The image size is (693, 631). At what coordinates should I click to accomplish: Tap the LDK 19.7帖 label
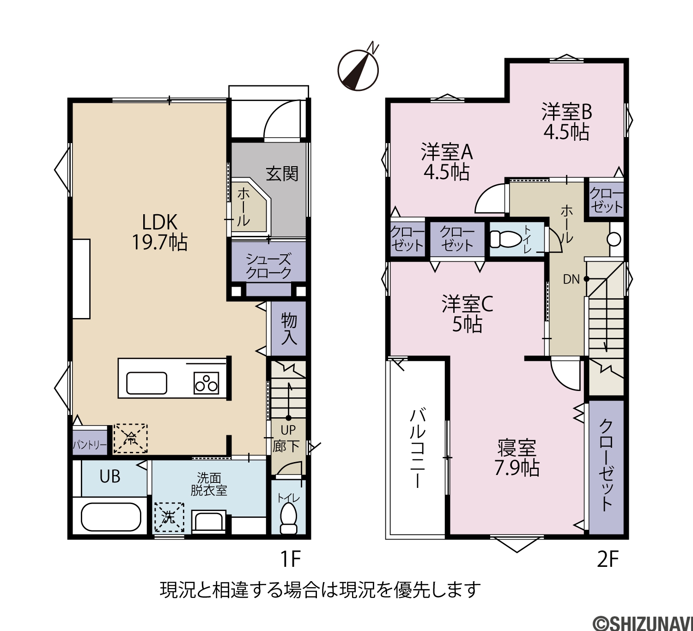pyautogui.click(x=159, y=232)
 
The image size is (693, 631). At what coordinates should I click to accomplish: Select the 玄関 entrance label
pyautogui.click(x=282, y=174)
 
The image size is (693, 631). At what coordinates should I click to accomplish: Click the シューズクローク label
pyautogui.click(x=268, y=266)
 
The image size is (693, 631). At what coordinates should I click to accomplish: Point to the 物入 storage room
pyautogui.click(x=289, y=328)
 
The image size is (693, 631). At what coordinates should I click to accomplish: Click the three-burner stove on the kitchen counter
pyautogui.click(x=206, y=383)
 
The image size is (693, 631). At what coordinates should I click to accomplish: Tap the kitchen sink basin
pyautogui.click(x=147, y=383)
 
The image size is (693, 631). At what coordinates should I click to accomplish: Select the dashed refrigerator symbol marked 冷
pyautogui.click(x=131, y=438)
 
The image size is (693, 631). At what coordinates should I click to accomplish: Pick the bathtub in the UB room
pyautogui.click(x=111, y=517)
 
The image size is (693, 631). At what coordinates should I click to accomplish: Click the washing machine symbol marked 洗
pyautogui.click(x=169, y=517)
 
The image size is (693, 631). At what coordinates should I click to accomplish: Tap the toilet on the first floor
pyautogui.click(x=289, y=518)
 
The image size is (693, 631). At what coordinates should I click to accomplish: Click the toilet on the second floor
pyautogui.click(x=505, y=239)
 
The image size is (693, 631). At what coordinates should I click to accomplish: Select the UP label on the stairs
pyautogui.click(x=288, y=430)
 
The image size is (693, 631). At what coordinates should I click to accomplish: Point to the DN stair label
pyautogui.click(x=571, y=279)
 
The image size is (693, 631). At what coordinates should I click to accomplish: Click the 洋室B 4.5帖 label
pyautogui.click(x=566, y=121)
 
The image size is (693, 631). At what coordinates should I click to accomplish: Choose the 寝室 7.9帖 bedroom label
pyautogui.click(x=517, y=458)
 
